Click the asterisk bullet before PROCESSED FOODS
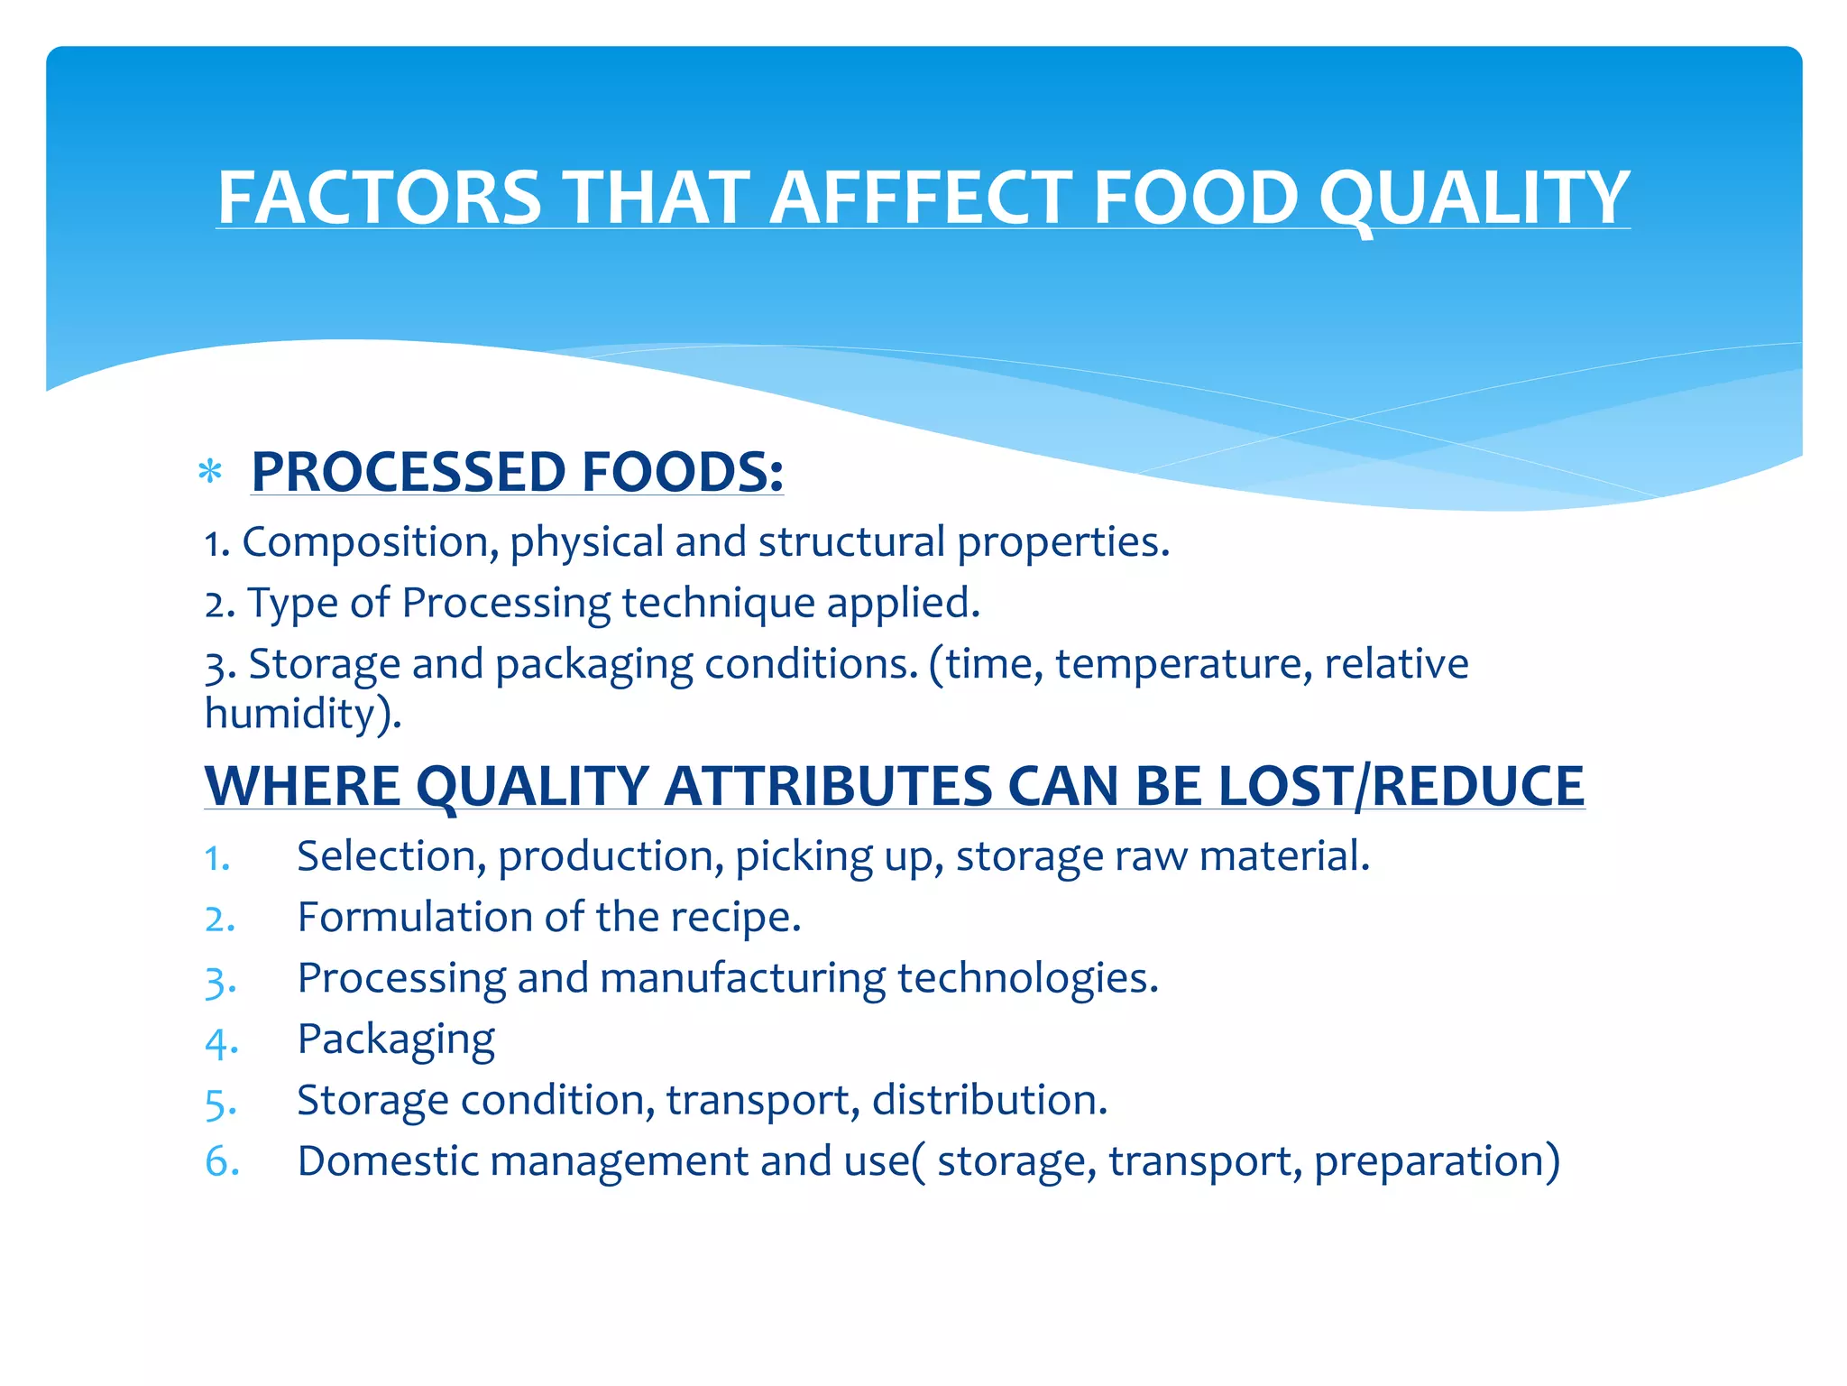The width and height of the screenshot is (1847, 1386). (x=210, y=472)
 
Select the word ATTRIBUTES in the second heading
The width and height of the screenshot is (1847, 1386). (x=828, y=786)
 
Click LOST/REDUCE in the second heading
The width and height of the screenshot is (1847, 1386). (x=1401, y=786)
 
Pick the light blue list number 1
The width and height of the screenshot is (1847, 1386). (x=216, y=858)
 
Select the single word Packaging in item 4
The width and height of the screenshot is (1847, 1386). (x=396, y=1040)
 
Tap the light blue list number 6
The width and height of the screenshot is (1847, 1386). (x=222, y=1161)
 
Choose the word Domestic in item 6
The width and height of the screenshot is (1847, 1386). (x=388, y=1161)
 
